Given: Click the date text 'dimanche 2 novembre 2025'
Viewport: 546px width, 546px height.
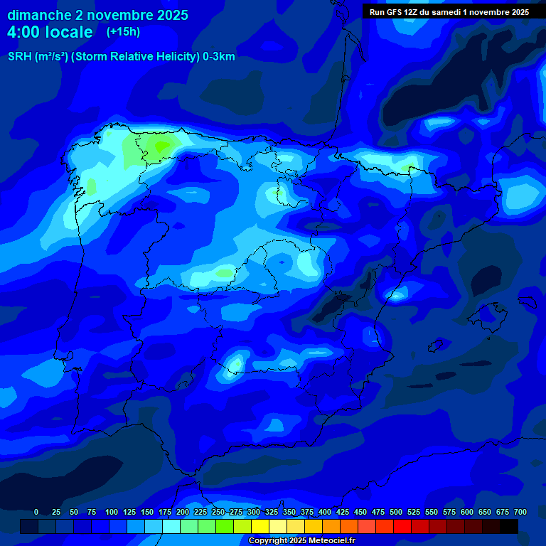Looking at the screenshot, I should click(97, 15).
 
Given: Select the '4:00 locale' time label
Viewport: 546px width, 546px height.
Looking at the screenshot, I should click(50, 32).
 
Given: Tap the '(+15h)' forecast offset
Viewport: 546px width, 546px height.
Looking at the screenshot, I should click(123, 32).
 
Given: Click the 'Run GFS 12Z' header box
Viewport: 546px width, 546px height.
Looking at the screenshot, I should click(449, 12).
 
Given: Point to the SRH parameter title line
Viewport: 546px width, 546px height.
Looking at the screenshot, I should click(121, 57).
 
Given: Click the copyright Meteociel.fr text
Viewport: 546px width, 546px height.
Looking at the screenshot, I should click(301, 541).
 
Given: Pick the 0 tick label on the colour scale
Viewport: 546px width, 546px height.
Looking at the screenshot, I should click(36, 512).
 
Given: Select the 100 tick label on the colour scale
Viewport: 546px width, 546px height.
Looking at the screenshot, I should click(112, 512).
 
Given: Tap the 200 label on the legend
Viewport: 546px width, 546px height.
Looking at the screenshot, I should click(183, 512).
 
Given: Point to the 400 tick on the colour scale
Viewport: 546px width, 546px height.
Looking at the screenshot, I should click(325, 512).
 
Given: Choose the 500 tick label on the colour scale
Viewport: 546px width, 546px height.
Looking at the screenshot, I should click(396, 512).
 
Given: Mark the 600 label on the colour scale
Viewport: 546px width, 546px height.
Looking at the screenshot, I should click(467, 512).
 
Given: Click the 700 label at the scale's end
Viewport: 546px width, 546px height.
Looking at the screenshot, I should click(520, 512).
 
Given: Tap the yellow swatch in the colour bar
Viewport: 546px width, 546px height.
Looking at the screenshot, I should click(260, 526).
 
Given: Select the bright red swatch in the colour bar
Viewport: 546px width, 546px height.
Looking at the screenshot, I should click(402, 526).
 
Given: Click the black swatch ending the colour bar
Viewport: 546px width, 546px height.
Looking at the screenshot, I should click(509, 526).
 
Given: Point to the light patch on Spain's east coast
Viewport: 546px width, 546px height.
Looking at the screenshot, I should click(397, 292).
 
